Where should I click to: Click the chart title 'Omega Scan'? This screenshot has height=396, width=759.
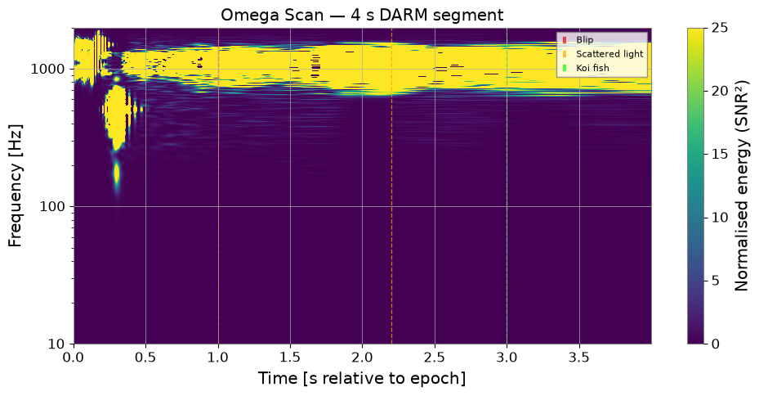tap(271, 15)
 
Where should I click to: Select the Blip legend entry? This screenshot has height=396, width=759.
tap(579, 40)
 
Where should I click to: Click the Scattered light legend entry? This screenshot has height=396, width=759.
tap(603, 54)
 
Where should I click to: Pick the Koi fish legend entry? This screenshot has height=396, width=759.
tap(586, 68)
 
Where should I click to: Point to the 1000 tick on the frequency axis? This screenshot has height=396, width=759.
tap(47, 69)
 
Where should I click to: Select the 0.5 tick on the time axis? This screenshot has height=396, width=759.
tap(145, 358)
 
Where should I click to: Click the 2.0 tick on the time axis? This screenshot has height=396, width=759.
tap(362, 358)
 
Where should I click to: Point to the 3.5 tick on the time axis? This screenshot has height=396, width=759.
tap(579, 358)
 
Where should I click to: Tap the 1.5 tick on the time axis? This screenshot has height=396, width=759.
tap(290, 358)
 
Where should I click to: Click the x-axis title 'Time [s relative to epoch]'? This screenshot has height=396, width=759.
tap(362, 379)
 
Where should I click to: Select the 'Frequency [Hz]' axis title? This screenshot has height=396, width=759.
tap(15, 186)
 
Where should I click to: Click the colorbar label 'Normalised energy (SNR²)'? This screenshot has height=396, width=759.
tap(742, 186)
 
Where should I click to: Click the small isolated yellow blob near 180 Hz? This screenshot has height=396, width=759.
tap(116, 173)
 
